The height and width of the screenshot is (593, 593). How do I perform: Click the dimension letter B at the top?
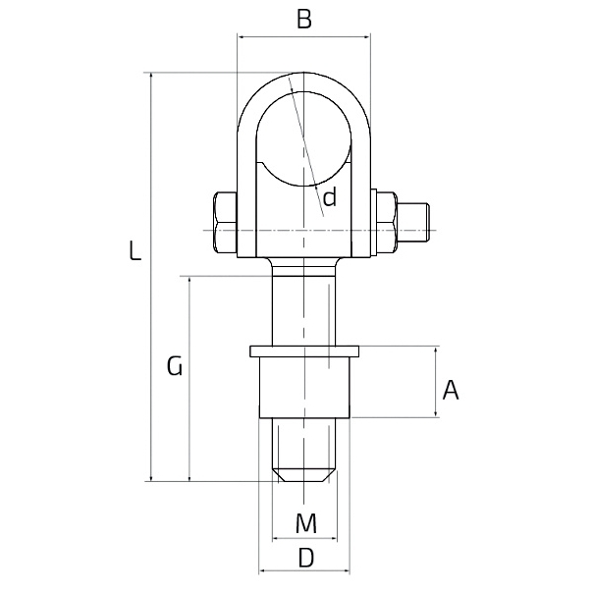[304, 20]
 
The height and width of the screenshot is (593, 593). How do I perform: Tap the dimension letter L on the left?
[135, 250]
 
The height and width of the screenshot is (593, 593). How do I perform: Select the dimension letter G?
[175, 365]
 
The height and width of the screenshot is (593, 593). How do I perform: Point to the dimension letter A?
[451, 391]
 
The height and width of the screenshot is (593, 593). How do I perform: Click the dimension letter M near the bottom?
[306, 523]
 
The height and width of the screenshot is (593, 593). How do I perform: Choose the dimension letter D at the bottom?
[306, 558]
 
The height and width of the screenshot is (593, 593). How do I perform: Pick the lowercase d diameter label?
[330, 197]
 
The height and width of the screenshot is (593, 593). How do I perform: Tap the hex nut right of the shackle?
[387, 222]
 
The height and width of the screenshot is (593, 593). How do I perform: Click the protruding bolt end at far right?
[413, 222]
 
